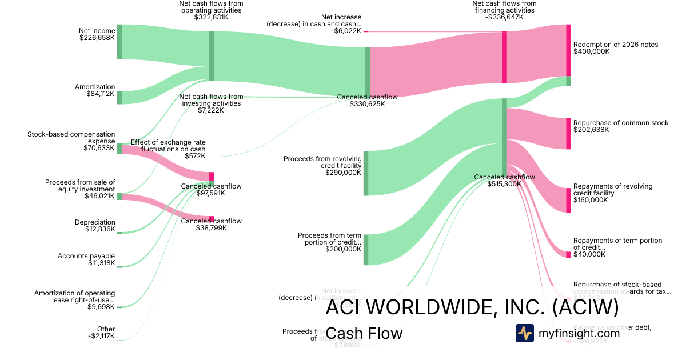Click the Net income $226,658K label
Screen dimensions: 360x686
click(x=97, y=34)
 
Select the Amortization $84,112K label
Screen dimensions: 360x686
click(x=95, y=90)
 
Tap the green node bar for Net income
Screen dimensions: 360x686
click(x=119, y=42)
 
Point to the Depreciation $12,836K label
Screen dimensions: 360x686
click(x=95, y=226)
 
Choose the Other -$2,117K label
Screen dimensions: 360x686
click(x=103, y=333)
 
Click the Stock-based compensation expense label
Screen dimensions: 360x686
click(x=71, y=141)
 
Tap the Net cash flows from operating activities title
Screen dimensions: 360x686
click(x=211, y=10)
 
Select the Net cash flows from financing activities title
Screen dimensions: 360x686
click(x=504, y=10)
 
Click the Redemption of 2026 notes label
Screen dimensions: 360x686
click(x=615, y=47)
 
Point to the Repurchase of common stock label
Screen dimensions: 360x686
click(x=620, y=126)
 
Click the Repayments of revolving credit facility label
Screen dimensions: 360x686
click(x=612, y=193)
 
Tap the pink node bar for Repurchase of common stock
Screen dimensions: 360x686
click(x=568, y=133)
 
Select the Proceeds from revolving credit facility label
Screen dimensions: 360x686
click(x=322, y=165)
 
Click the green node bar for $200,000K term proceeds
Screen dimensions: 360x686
click(x=366, y=249)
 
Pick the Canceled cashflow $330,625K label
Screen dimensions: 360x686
click(x=367, y=101)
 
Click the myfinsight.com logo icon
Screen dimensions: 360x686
click(x=524, y=333)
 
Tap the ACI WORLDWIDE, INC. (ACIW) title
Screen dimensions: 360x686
click(x=472, y=307)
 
